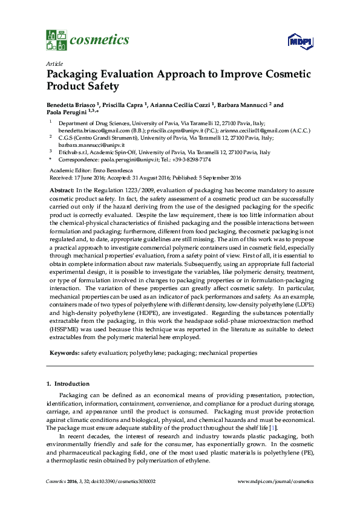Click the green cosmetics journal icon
(56, 40)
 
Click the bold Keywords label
(63, 352)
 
